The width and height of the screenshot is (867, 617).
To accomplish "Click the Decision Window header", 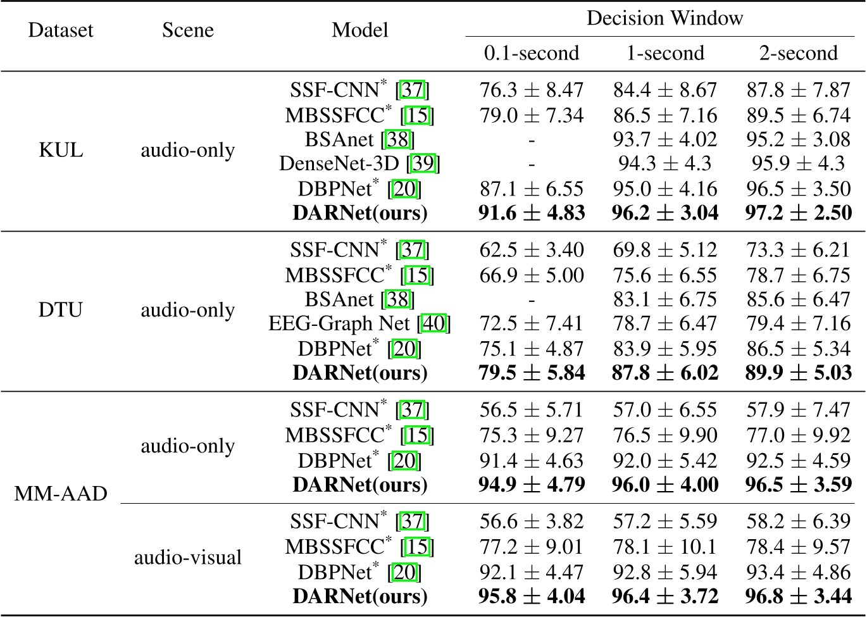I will [x=664, y=18].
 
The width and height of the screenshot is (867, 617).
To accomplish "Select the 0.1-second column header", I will [x=532, y=53].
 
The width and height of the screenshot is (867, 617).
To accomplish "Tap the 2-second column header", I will [x=798, y=53].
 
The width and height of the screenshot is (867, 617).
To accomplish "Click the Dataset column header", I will [x=61, y=30].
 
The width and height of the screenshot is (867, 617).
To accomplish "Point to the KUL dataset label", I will [x=61, y=151].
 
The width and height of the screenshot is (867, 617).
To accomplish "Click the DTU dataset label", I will [x=61, y=311].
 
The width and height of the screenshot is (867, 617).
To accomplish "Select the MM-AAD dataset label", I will [x=61, y=494].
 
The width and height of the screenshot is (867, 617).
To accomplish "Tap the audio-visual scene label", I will [x=188, y=558].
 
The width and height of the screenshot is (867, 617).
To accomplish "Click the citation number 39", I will [x=423, y=164].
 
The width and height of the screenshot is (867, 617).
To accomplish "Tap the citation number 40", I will [x=434, y=324].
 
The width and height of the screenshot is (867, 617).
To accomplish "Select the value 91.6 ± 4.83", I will [x=532, y=213].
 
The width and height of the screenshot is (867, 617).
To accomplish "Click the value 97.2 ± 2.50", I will [x=798, y=213].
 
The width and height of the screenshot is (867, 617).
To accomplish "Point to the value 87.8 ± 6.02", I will [x=664, y=373].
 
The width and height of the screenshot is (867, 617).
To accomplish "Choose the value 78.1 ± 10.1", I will [x=664, y=547].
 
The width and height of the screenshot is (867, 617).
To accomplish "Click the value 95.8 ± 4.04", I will [x=532, y=596].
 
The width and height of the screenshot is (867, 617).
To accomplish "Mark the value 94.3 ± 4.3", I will [x=664, y=164].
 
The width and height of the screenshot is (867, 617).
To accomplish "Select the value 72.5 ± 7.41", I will [x=532, y=324].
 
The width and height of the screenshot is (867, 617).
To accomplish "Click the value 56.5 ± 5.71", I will [x=532, y=410].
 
